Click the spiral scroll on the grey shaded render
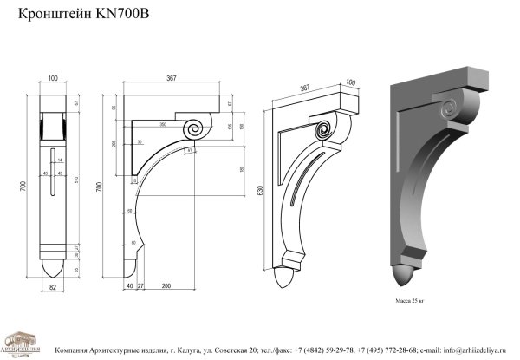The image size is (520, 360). point(451,110)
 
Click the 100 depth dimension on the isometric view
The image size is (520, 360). point(350,84)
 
